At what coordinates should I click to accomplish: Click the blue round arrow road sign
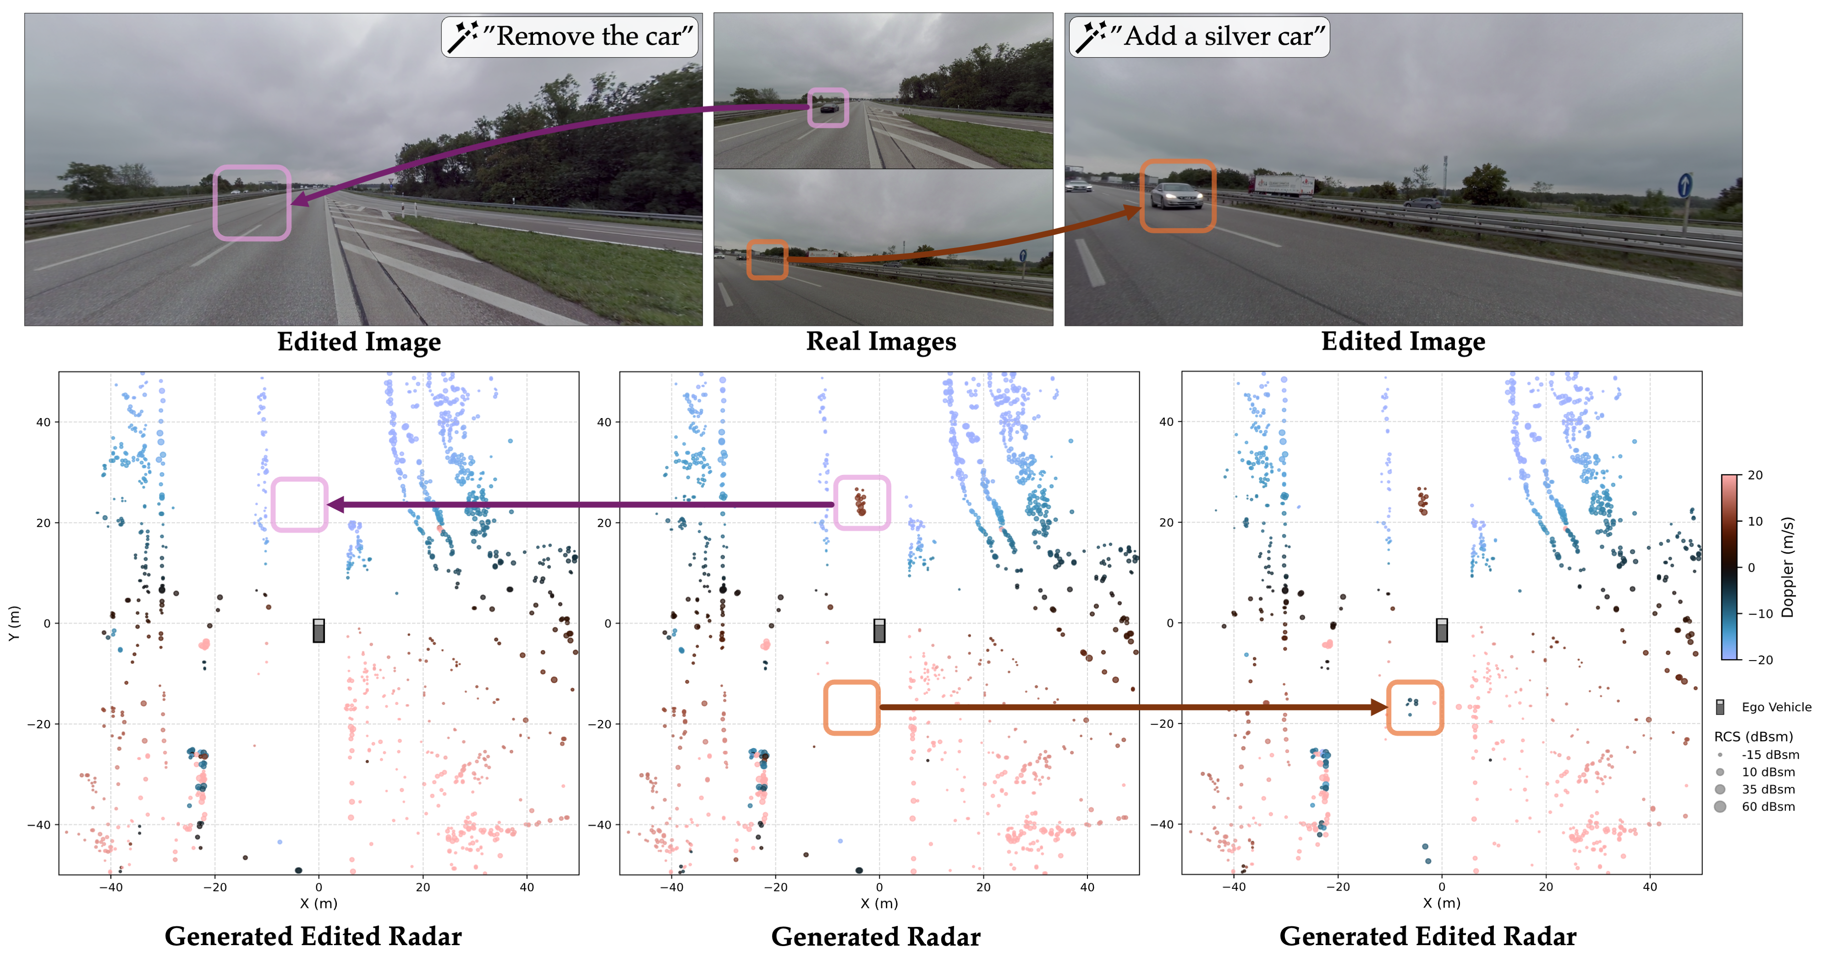pyautogui.click(x=1684, y=186)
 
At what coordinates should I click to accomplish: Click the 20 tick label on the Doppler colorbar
pyautogui.click(x=1756, y=475)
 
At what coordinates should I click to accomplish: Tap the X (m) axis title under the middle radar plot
pyautogui.click(x=879, y=903)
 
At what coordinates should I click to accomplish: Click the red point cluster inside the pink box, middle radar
pyautogui.click(x=861, y=502)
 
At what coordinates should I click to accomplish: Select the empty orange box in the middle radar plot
pyautogui.click(x=852, y=707)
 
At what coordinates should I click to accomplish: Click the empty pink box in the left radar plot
pyautogui.click(x=299, y=504)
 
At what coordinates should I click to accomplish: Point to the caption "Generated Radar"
pyautogui.click(x=875, y=936)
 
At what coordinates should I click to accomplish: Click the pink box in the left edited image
pyautogui.click(x=252, y=203)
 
